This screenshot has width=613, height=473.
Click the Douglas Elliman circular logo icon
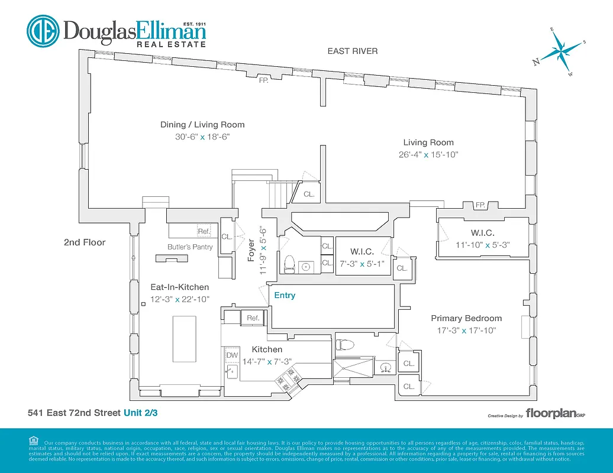click(x=43, y=31)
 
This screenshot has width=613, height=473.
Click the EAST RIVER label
click(x=353, y=51)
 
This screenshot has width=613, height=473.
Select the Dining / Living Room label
click(x=202, y=125)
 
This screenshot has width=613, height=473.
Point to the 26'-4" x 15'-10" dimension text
click(x=429, y=155)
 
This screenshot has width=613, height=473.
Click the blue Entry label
click(x=285, y=295)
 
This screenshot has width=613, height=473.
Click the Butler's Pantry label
click(x=190, y=247)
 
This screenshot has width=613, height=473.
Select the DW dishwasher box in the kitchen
click(x=231, y=354)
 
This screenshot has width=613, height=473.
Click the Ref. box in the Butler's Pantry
click(x=204, y=231)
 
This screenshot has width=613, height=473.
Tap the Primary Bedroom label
click(x=466, y=318)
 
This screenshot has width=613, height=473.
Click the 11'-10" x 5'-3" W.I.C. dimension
click(x=482, y=244)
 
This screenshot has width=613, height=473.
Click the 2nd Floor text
click(x=85, y=242)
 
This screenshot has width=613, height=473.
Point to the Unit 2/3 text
click(x=140, y=413)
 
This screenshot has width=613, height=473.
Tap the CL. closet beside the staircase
click(x=309, y=194)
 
